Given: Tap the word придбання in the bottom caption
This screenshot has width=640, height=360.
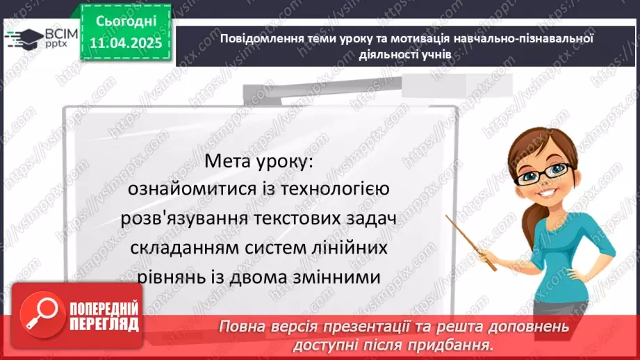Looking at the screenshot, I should tap(454, 344).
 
